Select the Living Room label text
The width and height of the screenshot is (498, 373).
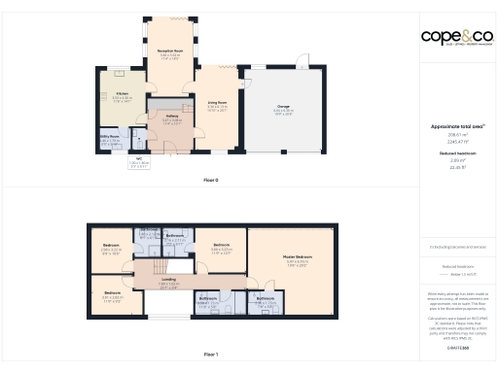pyautogui.click(x=217, y=102)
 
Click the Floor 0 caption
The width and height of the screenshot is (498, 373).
pyautogui.click(x=210, y=181)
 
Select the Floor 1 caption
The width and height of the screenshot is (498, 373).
pyautogui.click(x=210, y=355)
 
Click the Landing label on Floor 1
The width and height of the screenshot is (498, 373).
pyautogui.click(x=169, y=278)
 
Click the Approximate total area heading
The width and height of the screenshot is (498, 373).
pyautogui.click(x=456, y=126)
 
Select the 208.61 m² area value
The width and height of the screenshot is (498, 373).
pyautogui.click(x=456, y=135)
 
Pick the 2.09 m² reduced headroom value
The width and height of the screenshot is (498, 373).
pyautogui.click(x=456, y=160)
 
